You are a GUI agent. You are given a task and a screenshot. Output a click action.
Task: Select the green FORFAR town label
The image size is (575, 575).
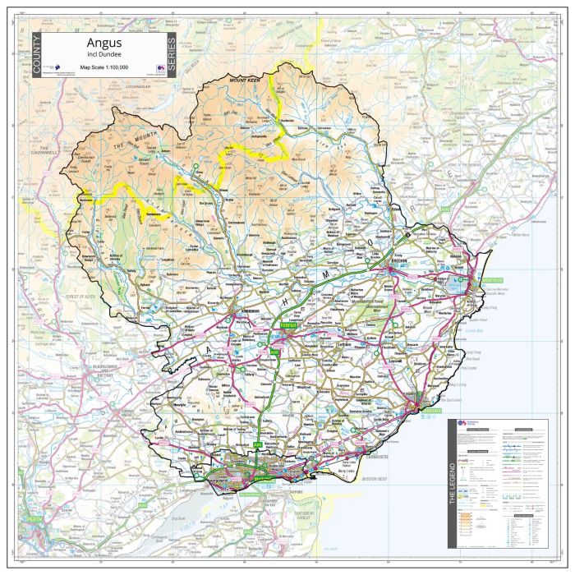pos(285,324)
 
